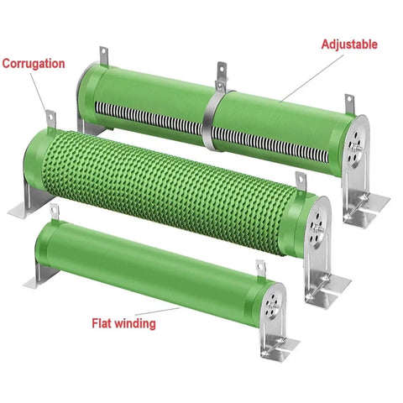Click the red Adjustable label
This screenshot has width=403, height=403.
pos(349,44)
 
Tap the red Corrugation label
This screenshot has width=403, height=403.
pos(34,64)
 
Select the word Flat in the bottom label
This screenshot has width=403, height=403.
pos(102,323)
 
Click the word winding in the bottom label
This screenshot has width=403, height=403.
pos(135,323)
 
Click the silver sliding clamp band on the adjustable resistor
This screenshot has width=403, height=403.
pos(210,120)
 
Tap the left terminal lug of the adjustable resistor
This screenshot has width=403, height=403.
pos(104,55)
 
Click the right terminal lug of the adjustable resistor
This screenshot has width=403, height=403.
pos(349,104)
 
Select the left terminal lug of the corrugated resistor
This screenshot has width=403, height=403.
pos(51,119)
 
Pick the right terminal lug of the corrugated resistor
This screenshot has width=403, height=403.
pos(301,181)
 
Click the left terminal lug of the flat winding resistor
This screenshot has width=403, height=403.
pos(55,212)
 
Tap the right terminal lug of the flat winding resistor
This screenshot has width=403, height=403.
pos(261,269)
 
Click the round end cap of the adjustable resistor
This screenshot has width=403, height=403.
pos(356,146)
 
